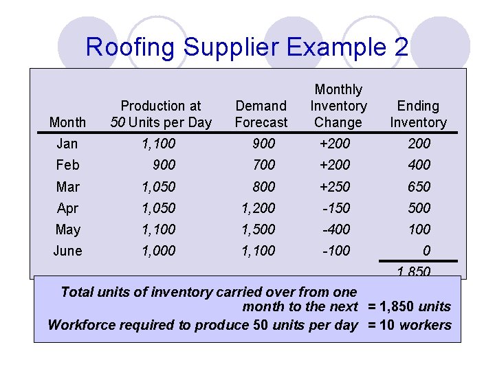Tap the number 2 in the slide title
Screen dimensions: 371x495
(401, 47)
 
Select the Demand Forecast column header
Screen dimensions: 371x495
(261, 114)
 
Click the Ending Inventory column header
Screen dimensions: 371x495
(418, 114)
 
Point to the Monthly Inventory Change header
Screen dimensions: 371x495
(338, 106)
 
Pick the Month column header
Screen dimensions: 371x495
(67, 122)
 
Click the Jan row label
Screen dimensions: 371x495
(67, 144)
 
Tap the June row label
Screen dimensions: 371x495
(67, 251)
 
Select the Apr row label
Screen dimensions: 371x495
(67, 208)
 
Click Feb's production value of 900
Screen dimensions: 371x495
(164, 165)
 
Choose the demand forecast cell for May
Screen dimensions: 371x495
(258, 229)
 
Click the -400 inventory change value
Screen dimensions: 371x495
(336, 229)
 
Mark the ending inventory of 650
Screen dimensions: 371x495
(419, 187)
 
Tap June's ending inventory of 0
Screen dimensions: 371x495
(427, 251)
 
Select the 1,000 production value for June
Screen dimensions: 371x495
(158, 251)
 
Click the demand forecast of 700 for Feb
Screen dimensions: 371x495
(264, 165)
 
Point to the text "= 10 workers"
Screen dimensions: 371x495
(410, 325)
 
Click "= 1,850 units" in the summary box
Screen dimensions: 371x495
(409, 306)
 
